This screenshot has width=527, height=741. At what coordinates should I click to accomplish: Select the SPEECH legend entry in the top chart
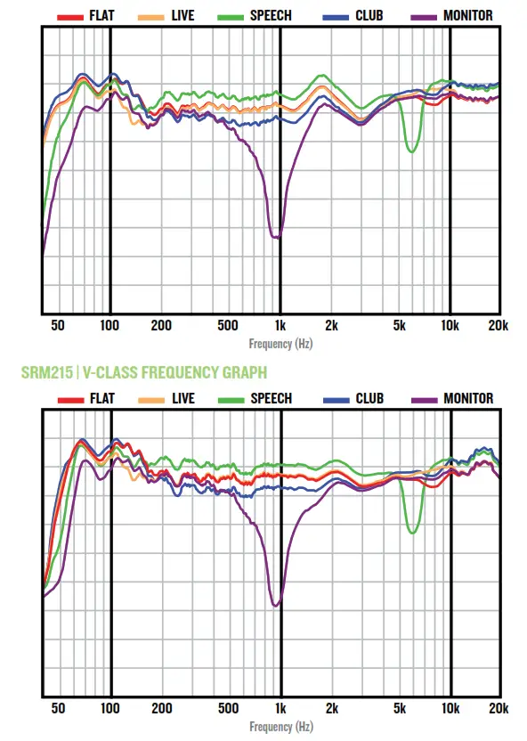pos(258,16)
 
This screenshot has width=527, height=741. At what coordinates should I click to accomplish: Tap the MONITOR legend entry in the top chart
pos(455,16)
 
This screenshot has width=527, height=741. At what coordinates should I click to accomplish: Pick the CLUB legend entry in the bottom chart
pos(357,399)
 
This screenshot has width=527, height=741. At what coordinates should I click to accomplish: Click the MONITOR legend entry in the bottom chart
pos(455,399)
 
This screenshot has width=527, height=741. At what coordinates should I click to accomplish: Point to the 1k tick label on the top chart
pos(280,326)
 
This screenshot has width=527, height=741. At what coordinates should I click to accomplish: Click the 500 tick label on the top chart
pos(228,326)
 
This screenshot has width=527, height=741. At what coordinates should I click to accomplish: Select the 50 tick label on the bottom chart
pos(58,709)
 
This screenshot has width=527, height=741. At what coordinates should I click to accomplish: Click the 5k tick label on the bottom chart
pos(400,709)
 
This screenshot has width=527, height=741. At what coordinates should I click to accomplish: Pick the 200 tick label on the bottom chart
pos(161,709)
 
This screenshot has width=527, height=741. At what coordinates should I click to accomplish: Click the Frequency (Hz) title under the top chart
pos(280,343)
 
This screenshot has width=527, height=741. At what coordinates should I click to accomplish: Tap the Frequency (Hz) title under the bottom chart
pos(280,727)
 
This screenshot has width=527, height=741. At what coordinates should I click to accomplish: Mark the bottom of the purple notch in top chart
pos(277,237)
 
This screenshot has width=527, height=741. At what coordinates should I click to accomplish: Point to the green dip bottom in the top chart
pos(411,151)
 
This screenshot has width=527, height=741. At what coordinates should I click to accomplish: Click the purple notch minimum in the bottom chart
pos(276,606)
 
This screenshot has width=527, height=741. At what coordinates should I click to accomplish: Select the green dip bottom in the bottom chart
pos(411,533)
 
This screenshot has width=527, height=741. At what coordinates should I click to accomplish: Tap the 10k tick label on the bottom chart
pos(450,709)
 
